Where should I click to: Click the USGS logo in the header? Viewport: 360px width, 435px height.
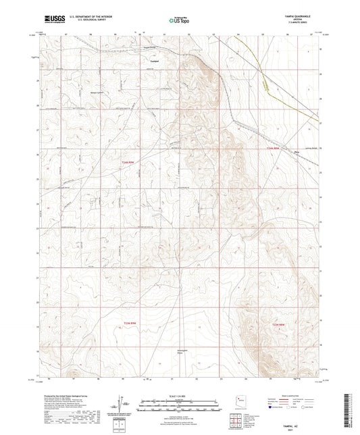pos(50,21)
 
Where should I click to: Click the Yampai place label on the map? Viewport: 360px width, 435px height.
pos(154,59)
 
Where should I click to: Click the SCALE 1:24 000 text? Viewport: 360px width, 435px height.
pos(180,396)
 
